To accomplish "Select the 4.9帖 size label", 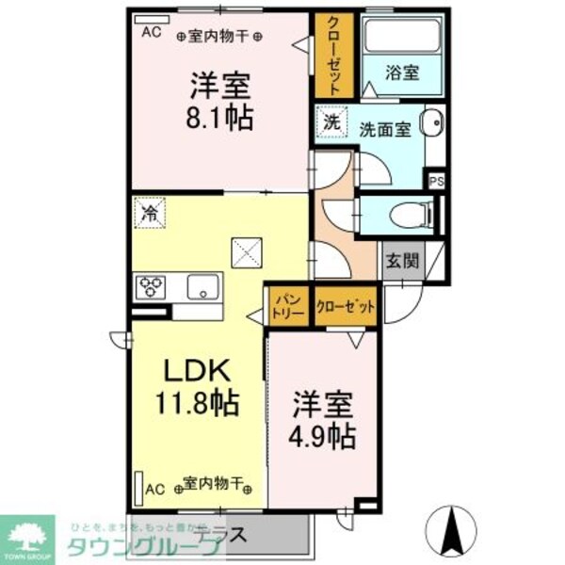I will [322, 436].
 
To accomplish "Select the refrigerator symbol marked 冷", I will [150, 213].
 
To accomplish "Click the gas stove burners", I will [152, 285].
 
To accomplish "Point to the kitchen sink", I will [202, 286].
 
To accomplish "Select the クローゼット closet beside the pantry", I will [346, 307].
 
